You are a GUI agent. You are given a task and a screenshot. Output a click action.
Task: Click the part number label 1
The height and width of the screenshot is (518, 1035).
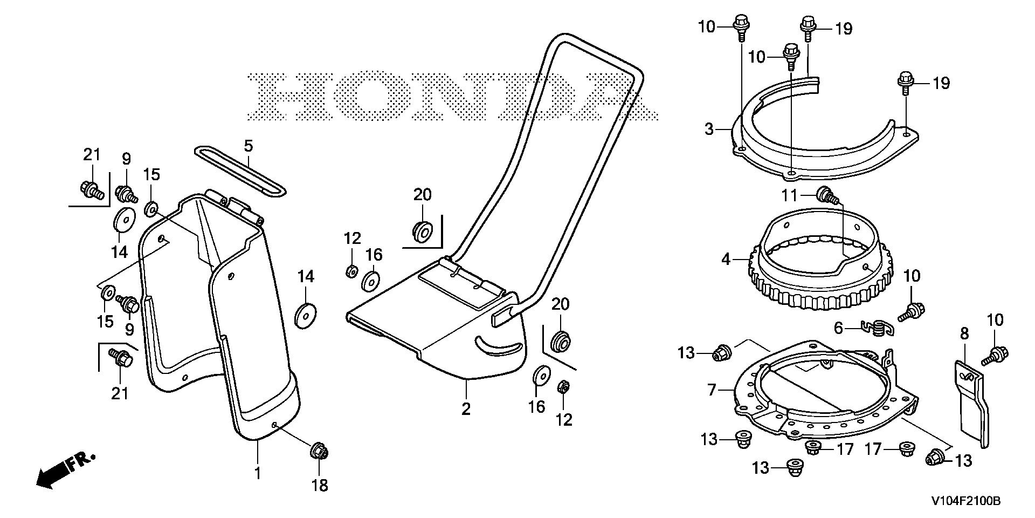coord(258,473)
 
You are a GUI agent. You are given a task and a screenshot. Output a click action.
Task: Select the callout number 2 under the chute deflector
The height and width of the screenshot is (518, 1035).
coord(466,408)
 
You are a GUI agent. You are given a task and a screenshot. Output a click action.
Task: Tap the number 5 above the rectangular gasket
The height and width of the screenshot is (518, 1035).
coord(248,146)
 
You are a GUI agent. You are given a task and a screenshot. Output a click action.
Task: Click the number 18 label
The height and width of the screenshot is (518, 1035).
coord(320,485)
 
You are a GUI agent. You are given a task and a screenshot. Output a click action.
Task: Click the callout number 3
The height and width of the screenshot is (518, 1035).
coord(709,129)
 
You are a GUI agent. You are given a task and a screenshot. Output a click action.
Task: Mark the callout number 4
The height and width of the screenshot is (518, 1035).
coord(726,260)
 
